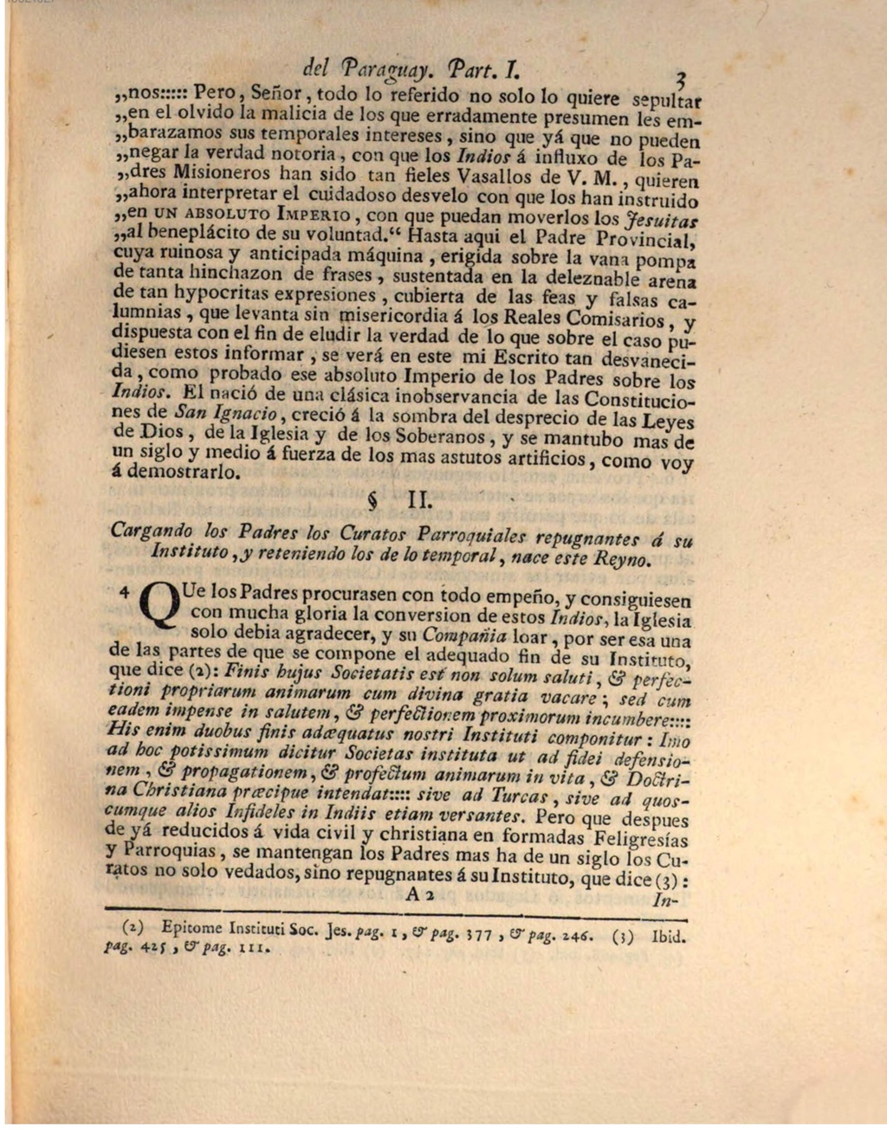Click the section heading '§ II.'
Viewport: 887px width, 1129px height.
pos(395,500)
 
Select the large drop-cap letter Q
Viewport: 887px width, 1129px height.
pos(158,605)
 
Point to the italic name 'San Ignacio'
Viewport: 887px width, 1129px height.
pos(225,412)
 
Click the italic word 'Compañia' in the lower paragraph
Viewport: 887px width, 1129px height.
pos(466,636)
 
